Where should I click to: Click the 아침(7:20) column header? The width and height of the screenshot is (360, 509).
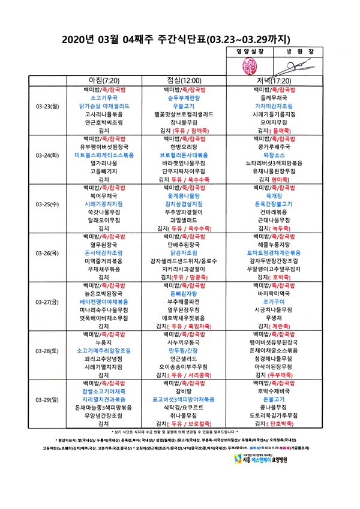(x=104, y=80)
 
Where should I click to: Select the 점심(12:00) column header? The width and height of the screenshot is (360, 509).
(x=184, y=80)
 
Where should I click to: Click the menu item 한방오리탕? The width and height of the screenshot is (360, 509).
(x=184, y=146)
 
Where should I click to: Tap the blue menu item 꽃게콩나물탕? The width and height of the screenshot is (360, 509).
(x=184, y=195)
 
